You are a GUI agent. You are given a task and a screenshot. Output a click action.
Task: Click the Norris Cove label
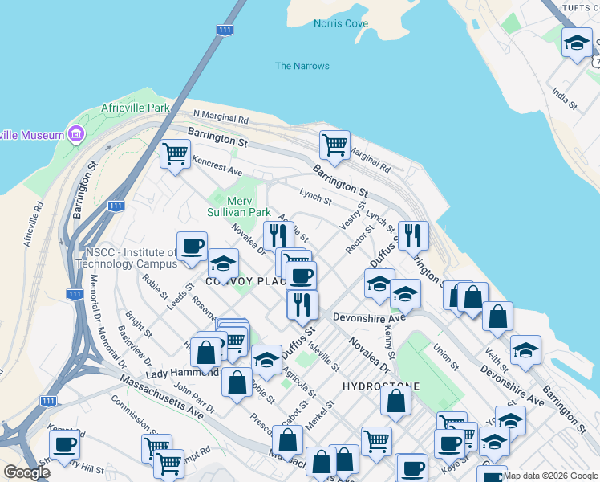tap(341, 23)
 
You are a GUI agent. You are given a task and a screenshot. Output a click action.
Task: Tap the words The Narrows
tap(302, 66)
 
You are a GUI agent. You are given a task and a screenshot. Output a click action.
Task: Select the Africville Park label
tap(136, 108)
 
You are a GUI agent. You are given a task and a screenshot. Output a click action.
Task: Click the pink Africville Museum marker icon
tap(77, 133)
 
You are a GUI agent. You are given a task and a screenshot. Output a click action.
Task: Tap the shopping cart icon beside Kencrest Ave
tap(175, 153)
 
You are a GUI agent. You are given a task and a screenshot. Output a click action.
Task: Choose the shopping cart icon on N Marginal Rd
tap(334, 145)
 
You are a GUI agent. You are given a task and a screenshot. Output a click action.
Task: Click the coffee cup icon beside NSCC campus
tap(192, 247)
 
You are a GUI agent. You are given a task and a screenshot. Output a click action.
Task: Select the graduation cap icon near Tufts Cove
tap(576, 43)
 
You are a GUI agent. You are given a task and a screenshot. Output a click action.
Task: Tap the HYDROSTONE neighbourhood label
tap(381, 386)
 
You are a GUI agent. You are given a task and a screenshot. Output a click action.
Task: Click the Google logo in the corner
tap(26, 473)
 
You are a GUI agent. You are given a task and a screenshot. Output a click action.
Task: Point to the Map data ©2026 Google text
tap(550, 476)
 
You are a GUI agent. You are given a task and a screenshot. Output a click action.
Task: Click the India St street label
tap(565, 100)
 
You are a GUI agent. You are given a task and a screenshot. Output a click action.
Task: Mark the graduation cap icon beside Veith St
tap(525, 350)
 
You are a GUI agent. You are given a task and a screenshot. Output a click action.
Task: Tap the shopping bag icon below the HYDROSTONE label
tap(396, 400)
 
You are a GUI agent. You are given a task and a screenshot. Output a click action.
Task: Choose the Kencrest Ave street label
tap(217, 166)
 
